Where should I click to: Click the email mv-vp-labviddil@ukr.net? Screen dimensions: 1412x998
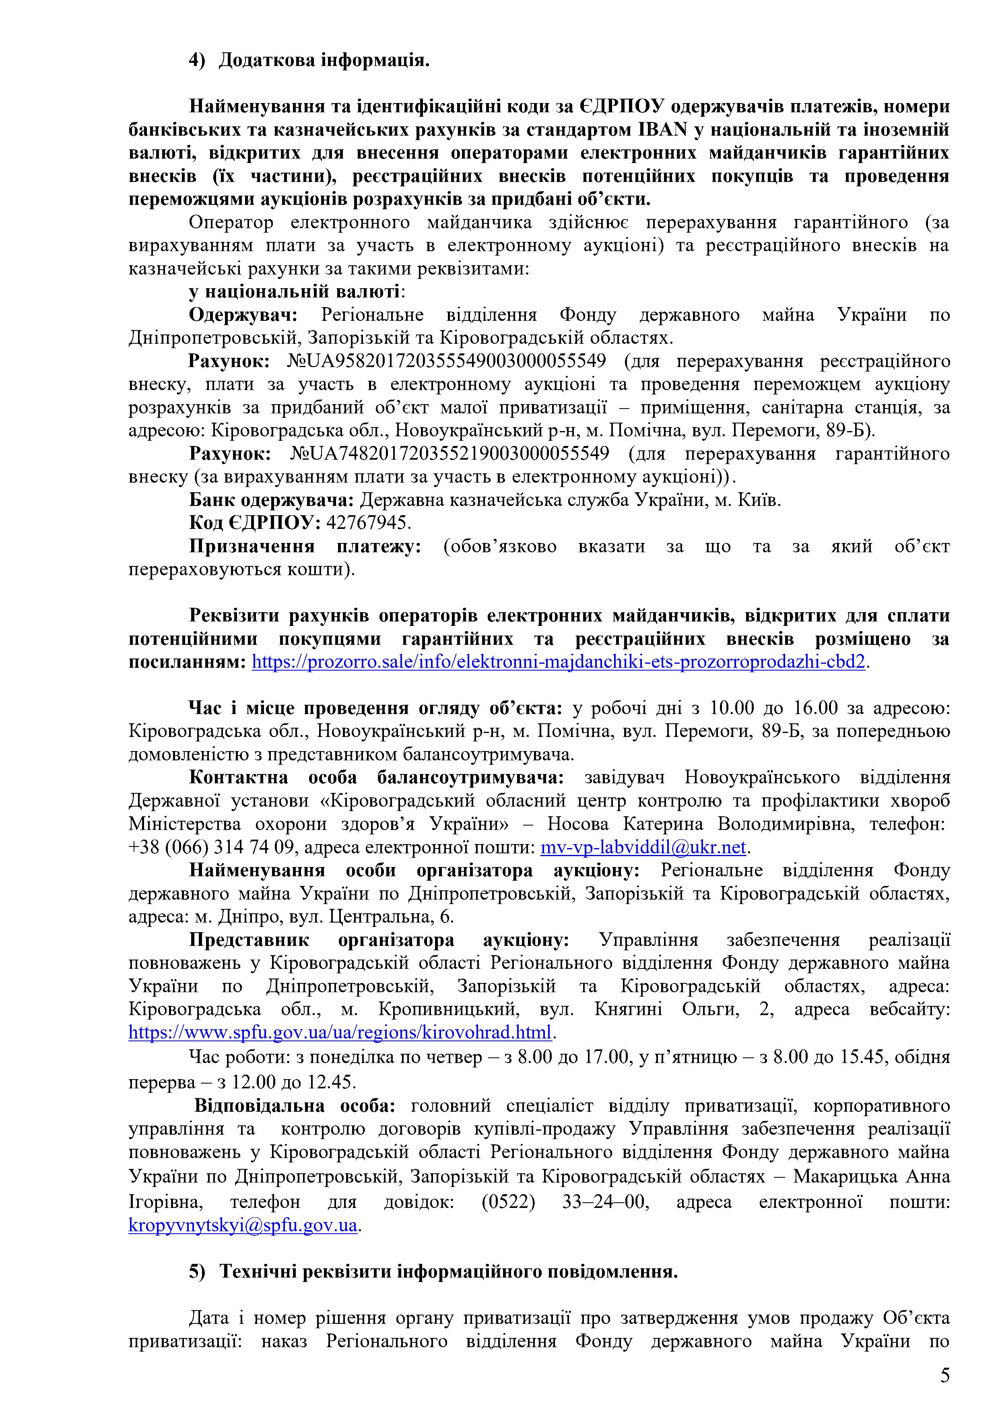643,847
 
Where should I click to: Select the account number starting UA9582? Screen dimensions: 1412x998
446,361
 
